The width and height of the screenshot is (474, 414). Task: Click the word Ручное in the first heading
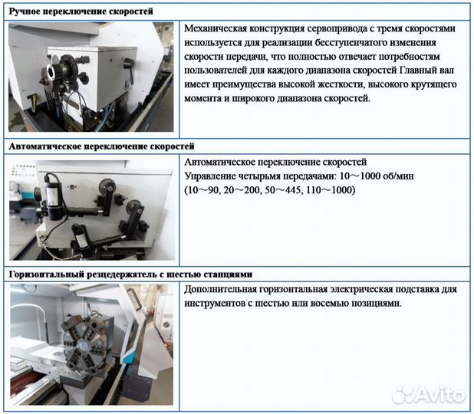(x=28, y=12)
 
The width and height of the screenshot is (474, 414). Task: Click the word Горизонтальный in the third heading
(x=46, y=274)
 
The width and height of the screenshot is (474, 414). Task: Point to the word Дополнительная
(x=222, y=290)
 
